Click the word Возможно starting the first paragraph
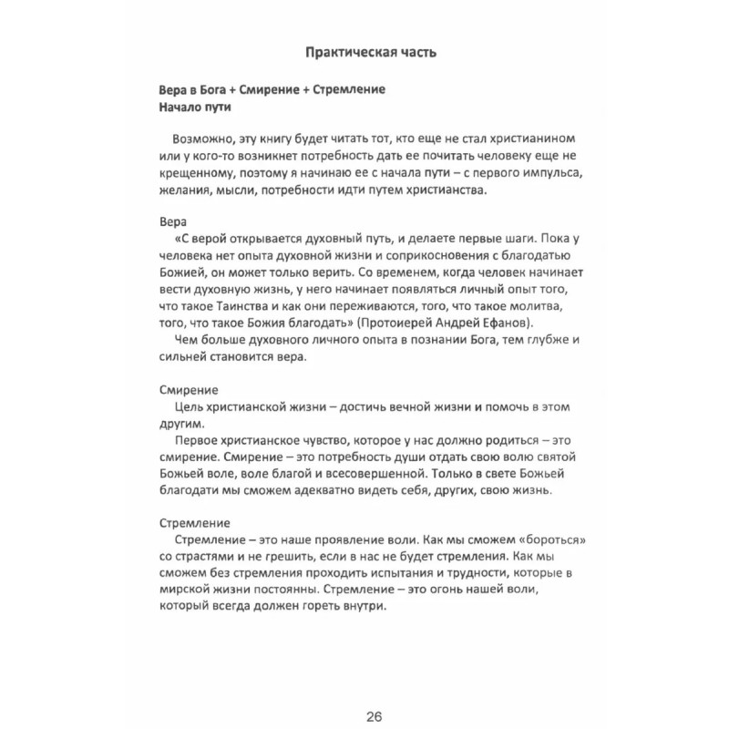click(197, 138)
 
